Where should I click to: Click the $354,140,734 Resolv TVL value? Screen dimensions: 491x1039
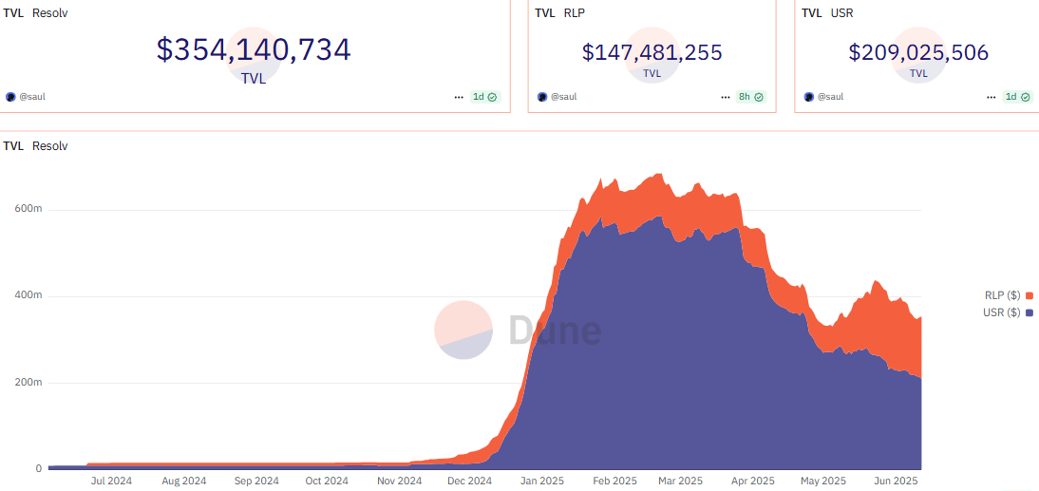(x=254, y=50)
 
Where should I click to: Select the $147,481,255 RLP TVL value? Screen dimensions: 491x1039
(x=652, y=52)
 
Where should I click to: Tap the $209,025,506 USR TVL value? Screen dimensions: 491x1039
(x=918, y=52)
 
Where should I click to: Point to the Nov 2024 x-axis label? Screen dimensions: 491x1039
(x=399, y=482)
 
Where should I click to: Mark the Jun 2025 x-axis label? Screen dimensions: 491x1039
(x=894, y=482)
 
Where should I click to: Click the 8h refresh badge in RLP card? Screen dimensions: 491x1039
(x=749, y=97)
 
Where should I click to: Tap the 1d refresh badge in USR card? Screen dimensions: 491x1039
(x=1017, y=97)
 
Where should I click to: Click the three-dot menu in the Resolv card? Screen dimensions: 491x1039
(x=460, y=97)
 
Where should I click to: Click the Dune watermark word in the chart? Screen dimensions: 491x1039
(x=554, y=330)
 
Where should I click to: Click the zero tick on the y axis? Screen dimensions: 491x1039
(x=38, y=469)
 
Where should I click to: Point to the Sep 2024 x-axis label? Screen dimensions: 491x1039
(x=255, y=482)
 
